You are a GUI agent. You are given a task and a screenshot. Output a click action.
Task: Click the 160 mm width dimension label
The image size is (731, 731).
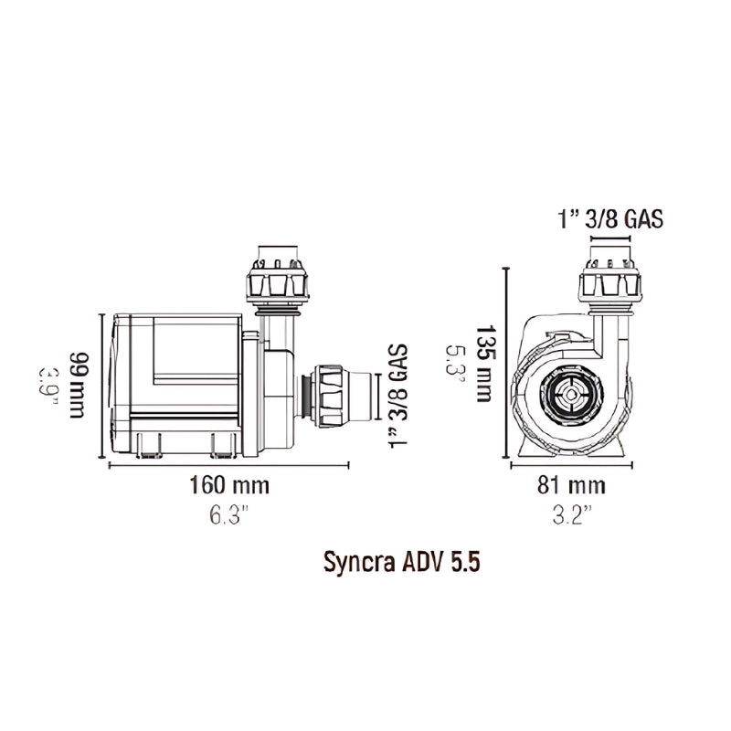tap(226, 484)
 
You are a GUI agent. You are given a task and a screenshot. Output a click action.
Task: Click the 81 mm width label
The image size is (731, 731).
tap(571, 484)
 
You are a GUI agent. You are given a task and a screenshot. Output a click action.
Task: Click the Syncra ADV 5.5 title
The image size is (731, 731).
tap(403, 561)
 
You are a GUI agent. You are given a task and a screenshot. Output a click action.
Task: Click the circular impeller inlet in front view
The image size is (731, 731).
tap(569, 397)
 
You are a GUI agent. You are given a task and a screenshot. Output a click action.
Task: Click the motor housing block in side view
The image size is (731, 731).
tap(174, 384)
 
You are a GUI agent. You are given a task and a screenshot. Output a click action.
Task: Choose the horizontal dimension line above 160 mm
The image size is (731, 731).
tap(228, 464)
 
